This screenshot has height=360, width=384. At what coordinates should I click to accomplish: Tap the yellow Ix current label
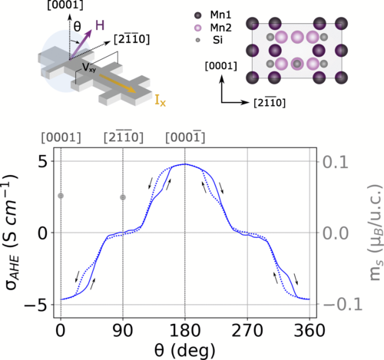152,98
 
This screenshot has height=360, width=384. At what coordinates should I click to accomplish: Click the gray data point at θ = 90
123,197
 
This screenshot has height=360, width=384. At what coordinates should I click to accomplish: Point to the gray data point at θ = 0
61,196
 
